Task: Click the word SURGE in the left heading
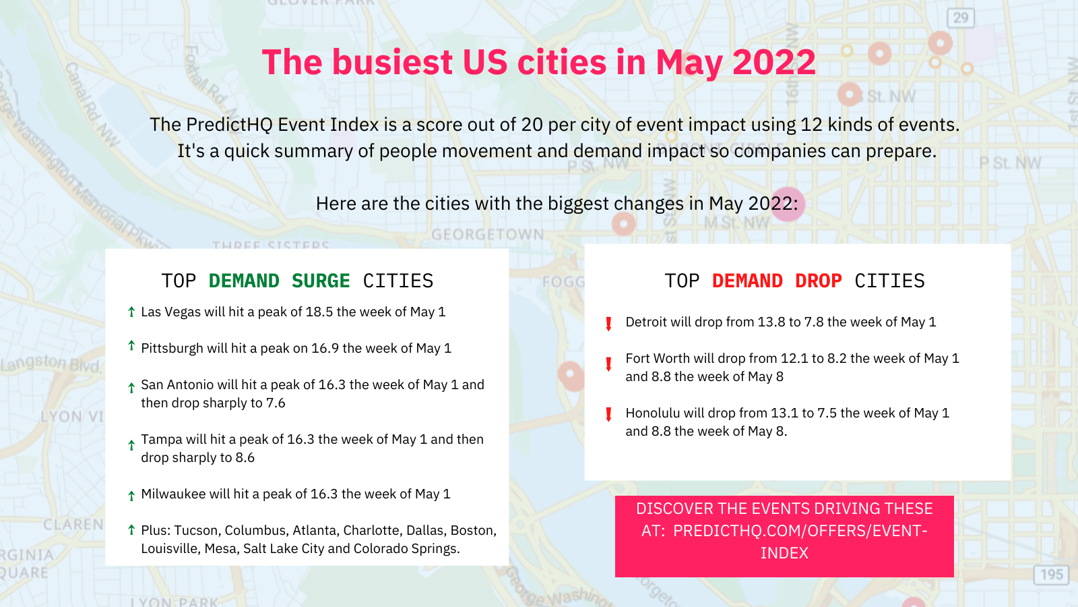[321, 281]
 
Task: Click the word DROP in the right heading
[818, 281]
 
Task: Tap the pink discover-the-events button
[784, 536]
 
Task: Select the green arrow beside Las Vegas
[131, 312]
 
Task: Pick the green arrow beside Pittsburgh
[131, 345]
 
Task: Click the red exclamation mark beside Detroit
[609, 324]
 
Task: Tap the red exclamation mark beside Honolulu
[609, 414]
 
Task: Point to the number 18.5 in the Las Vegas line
[319, 312]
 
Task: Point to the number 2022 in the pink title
[774, 62]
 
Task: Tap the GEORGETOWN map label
[488, 235]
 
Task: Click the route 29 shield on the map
[961, 18]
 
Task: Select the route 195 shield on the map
[1051, 574]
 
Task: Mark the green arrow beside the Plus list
[131, 530]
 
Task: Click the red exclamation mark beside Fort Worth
[609, 364]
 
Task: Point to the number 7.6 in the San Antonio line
[276, 403]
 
